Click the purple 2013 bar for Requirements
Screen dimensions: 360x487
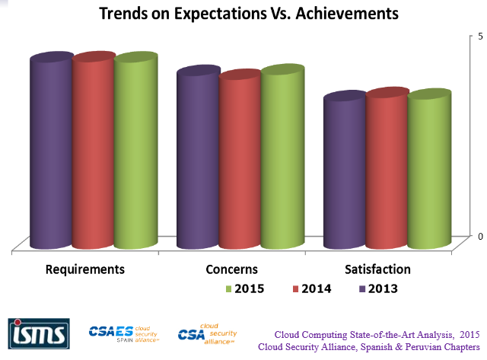[x=52, y=152]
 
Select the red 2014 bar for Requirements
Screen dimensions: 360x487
[x=94, y=152]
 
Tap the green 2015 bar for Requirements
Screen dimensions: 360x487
[x=135, y=152]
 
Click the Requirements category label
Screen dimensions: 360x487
[x=85, y=269]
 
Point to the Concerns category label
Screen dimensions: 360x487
[x=231, y=269]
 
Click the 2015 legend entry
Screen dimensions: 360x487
[x=243, y=288]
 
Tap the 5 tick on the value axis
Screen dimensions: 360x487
[x=479, y=36]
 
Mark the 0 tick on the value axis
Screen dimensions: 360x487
[x=479, y=236]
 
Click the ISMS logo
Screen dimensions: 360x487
[x=39, y=333]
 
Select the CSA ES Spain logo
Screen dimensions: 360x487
[x=123, y=333]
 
